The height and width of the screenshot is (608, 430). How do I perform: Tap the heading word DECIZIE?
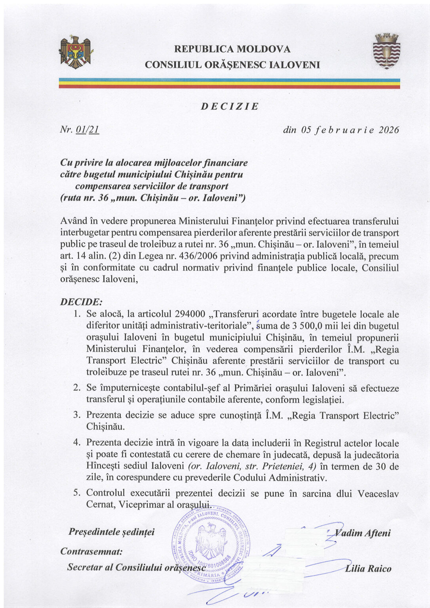(x=230, y=106)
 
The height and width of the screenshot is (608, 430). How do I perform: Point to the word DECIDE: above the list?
(x=81, y=302)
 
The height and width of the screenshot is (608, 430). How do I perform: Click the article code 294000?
(x=189, y=314)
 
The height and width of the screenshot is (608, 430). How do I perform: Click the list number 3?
(x=77, y=415)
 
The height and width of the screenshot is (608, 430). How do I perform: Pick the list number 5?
(x=77, y=493)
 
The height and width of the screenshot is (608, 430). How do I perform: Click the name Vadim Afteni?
(x=363, y=533)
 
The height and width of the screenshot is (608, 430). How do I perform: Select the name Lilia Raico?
(x=368, y=569)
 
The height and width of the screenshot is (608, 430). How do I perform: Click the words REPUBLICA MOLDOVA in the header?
(x=232, y=49)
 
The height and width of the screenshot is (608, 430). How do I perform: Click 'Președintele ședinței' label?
(x=112, y=532)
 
